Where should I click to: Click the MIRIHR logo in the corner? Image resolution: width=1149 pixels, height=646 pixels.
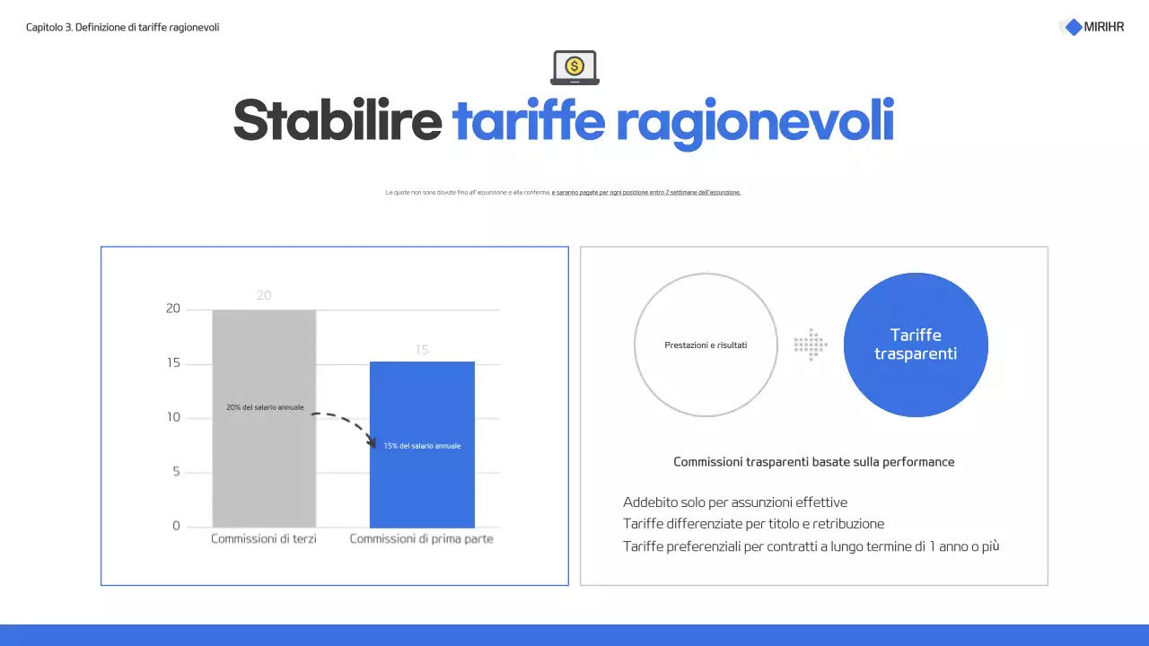tap(1092, 27)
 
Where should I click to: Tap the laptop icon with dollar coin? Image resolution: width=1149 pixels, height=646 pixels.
tap(574, 67)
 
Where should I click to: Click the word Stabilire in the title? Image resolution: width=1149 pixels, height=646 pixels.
tap(338, 120)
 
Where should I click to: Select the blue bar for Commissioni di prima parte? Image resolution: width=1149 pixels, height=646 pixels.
tap(422, 484)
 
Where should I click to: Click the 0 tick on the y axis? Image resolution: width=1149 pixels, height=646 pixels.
tap(176, 527)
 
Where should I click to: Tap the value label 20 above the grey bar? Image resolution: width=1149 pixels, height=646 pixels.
tap(264, 295)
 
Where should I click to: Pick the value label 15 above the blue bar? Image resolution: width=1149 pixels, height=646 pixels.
tap(422, 350)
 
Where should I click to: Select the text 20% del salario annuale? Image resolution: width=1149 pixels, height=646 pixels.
tap(265, 408)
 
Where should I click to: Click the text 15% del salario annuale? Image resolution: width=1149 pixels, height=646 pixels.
tap(422, 446)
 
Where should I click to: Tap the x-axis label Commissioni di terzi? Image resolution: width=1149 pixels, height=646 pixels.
tap(264, 539)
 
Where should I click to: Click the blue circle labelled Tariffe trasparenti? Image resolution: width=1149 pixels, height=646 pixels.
tap(916, 345)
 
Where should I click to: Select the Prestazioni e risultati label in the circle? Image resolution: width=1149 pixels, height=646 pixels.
tap(706, 345)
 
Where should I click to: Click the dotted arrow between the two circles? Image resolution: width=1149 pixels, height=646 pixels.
tap(811, 345)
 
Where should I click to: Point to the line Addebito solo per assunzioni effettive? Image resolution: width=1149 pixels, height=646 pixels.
tap(735, 502)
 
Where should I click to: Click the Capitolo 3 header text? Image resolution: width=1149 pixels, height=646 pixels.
tap(123, 28)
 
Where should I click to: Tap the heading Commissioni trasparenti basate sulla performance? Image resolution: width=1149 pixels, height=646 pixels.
tap(814, 462)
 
